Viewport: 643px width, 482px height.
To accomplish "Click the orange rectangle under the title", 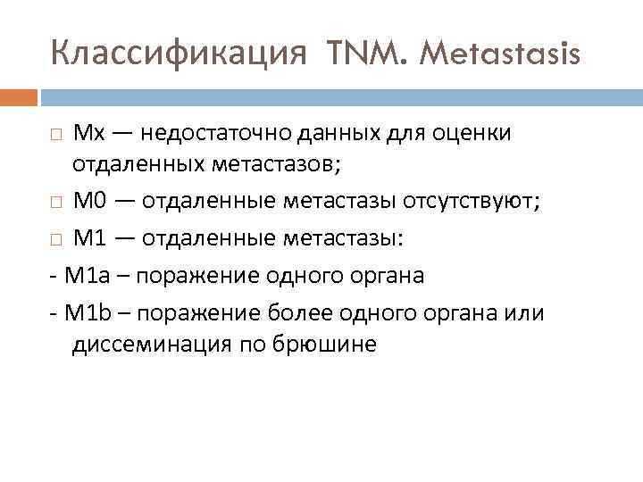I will (19, 96).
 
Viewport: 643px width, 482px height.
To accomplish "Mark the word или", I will (525, 314).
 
